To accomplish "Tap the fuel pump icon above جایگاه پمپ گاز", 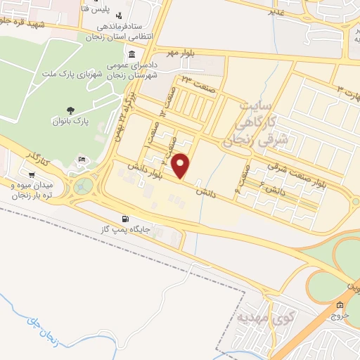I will tap(126, 219).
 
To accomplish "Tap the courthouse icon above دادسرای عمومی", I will tap(131, 55).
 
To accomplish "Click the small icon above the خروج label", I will tap(340, 305).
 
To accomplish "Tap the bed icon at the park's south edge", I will tap(82, 160).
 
